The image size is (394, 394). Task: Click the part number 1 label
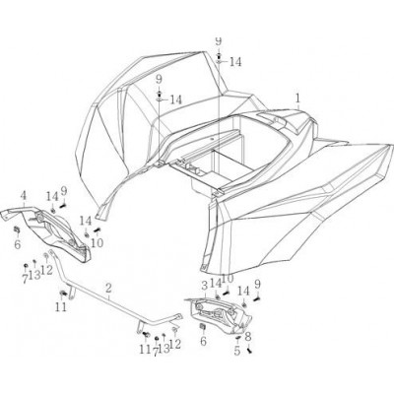[297, 98]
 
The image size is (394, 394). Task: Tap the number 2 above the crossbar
[108, 289]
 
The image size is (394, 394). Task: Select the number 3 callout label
[204, 285]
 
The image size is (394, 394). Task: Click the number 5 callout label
[237, 351]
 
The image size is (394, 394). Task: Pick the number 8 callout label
[248, 336]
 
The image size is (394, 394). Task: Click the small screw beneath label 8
[250, 351]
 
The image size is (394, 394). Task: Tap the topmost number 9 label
[219, 40]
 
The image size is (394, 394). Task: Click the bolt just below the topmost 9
[219, 54]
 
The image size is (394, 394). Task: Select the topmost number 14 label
[235, 62]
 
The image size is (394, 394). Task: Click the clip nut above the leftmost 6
[16, 230]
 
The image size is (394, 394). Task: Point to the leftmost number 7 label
[25, 279]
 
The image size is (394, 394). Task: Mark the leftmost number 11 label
[61, 306]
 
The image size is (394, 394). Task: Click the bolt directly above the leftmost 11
[62, 293]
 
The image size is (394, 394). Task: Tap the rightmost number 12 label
[174, 344]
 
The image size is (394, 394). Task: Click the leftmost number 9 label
[63, 190]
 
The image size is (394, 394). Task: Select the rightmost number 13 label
[164, 349]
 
